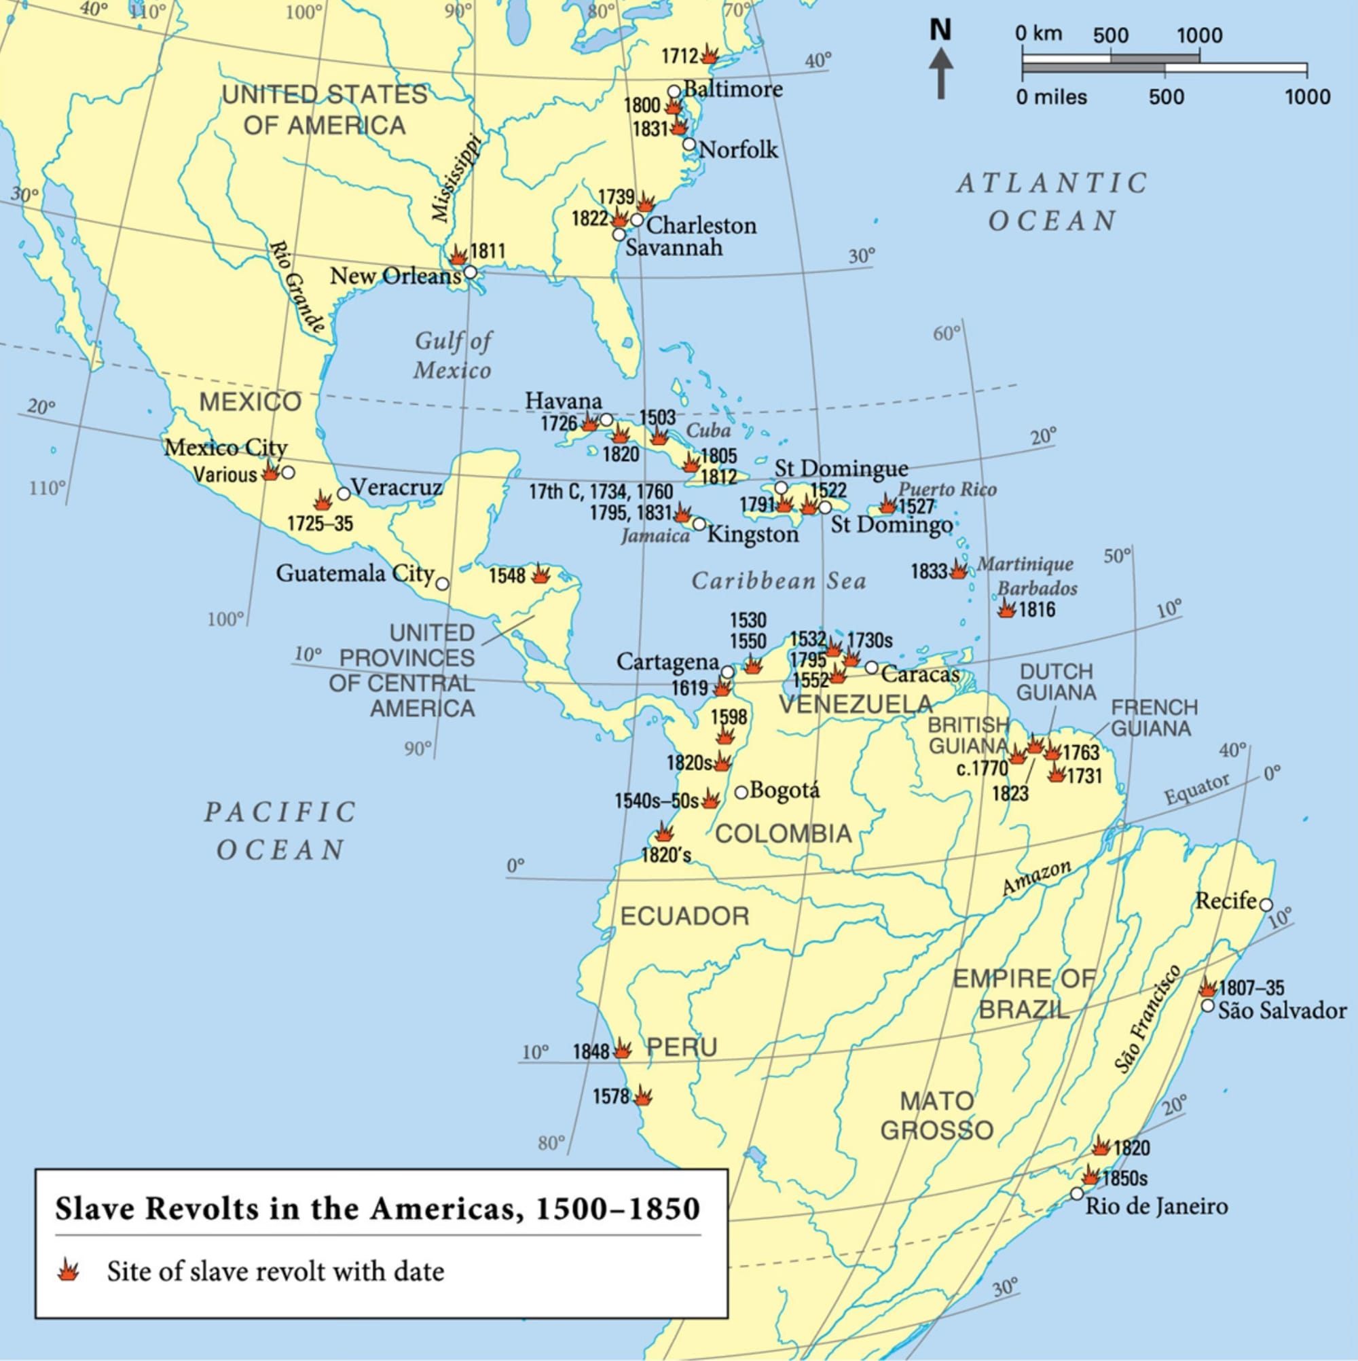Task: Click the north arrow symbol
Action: [x=940, y=71]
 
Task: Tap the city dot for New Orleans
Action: [x=470, y=271]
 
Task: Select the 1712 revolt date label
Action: [x=679, y=56]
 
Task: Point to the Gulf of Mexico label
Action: [x=453, y=356]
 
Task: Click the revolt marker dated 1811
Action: [x=458, y=255]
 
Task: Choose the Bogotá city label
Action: [x=785, y=791]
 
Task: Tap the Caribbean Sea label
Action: [x=778, y=581]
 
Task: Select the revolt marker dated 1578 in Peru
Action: [x=642, y=1096]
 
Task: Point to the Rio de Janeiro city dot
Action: [x=1076, y=1193]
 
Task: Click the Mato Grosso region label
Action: [x=937, y=1115]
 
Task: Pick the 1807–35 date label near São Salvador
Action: [x=1251, y=987]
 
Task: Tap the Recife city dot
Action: [x=1265, y=905]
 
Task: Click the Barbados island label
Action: [x=1037, y=588]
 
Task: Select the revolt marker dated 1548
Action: [x=540, y=574]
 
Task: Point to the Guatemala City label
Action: [x=354, y=573]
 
